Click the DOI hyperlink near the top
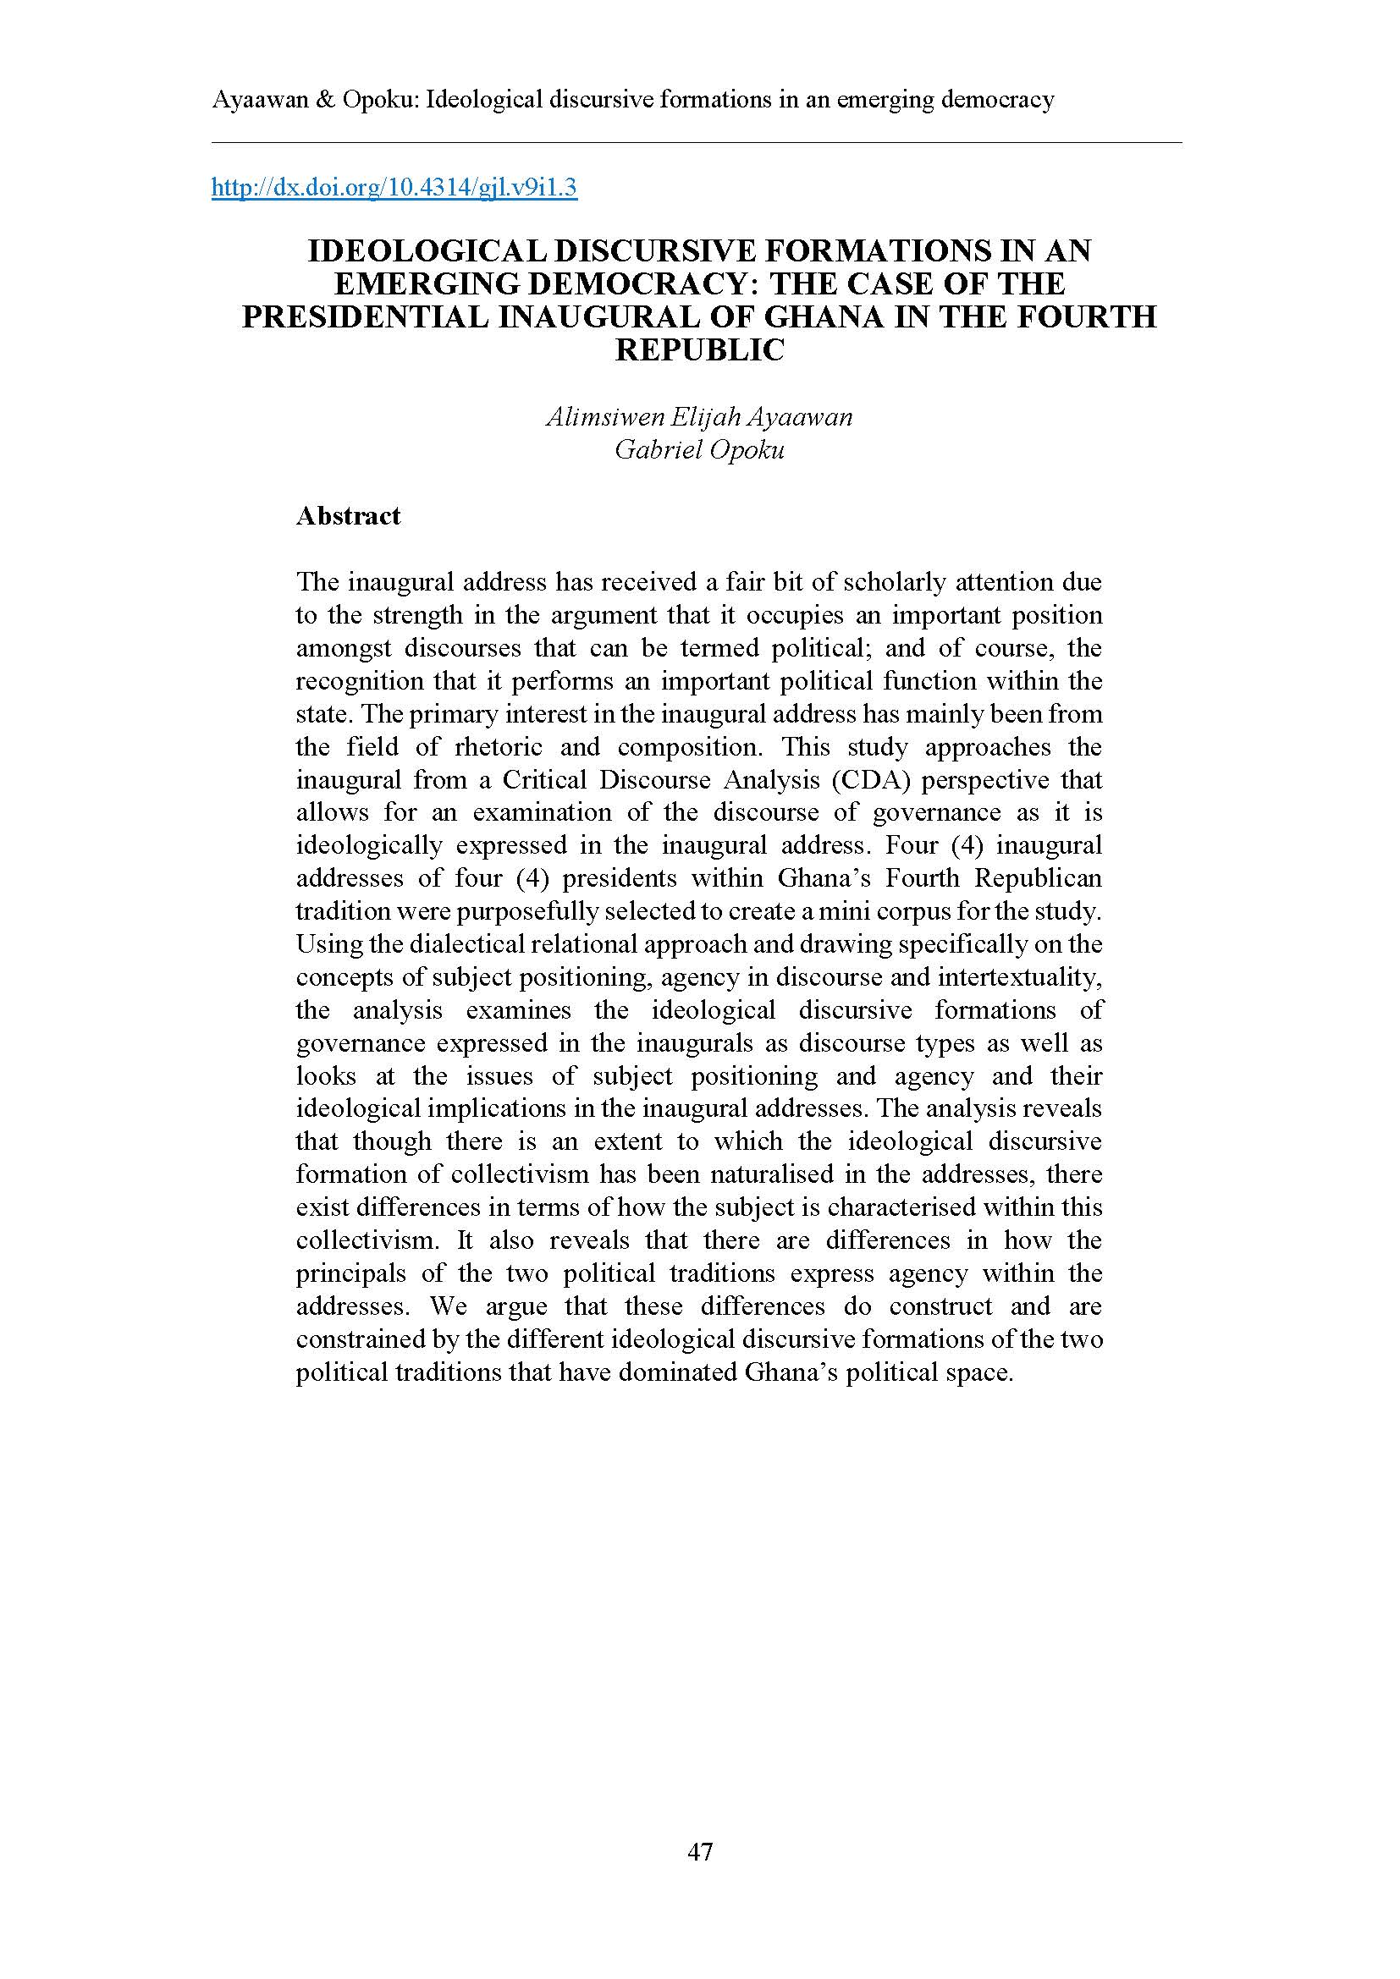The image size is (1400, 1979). point(394,187)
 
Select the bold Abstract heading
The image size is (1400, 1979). point(348,516)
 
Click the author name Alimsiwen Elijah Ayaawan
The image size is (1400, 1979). point(699,417)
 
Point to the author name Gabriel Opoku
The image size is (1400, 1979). point(699,450)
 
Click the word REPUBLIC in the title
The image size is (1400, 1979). point(699,350)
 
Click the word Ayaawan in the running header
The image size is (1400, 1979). point(256,100)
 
